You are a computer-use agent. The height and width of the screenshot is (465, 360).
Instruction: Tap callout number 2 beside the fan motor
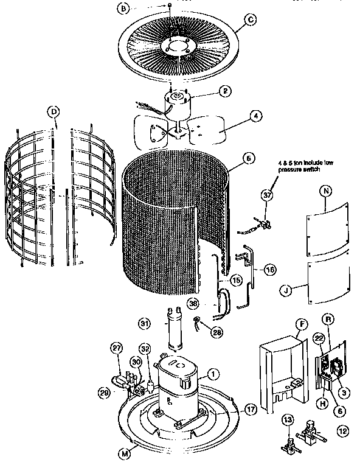click(x=224, y=91)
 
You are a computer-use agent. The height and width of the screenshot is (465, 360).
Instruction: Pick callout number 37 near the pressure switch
click(x=266, y=195)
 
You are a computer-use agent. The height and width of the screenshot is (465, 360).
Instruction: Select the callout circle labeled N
click(x=326, y=191)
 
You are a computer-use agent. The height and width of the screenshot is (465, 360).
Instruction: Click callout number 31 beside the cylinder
click(x=144, y=322)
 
